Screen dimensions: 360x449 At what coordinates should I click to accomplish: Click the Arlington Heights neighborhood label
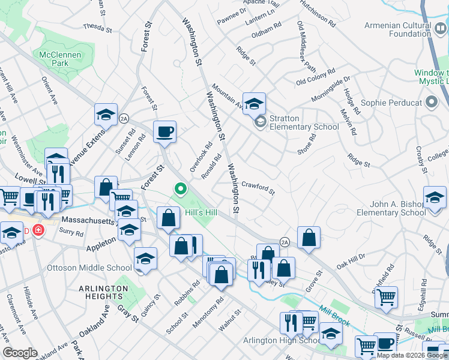click(x=103, y=292)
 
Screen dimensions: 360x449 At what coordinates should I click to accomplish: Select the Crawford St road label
click(x=259, y=188)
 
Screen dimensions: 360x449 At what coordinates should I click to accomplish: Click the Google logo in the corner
click(x=20, y=353)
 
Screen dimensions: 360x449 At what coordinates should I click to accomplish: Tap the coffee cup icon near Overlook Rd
click(x=164, y=132)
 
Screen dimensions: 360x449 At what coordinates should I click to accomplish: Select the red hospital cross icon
click(x=38, y=230)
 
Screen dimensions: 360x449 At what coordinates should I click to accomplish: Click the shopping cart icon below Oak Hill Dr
click(x=386, y=296)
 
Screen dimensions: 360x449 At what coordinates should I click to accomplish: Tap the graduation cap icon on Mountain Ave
click(x=254, y=103)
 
